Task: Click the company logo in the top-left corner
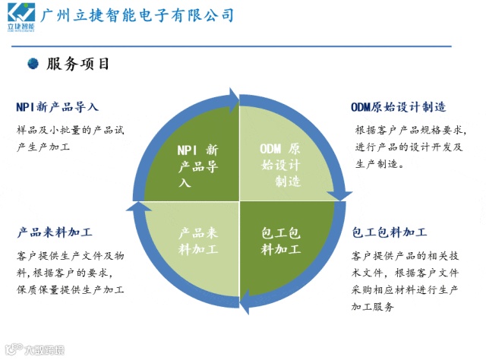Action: (19, 17)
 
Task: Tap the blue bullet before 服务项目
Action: (33, 65)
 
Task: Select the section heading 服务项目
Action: (78, 65)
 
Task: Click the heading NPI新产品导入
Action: (57, 107)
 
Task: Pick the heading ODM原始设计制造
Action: (398, 107)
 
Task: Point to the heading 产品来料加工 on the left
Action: (55, 232)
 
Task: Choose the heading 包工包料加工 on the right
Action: (389, 232)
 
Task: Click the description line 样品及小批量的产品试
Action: (70, 131)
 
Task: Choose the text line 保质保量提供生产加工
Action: (71, 289)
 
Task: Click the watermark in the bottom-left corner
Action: (34, 350)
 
